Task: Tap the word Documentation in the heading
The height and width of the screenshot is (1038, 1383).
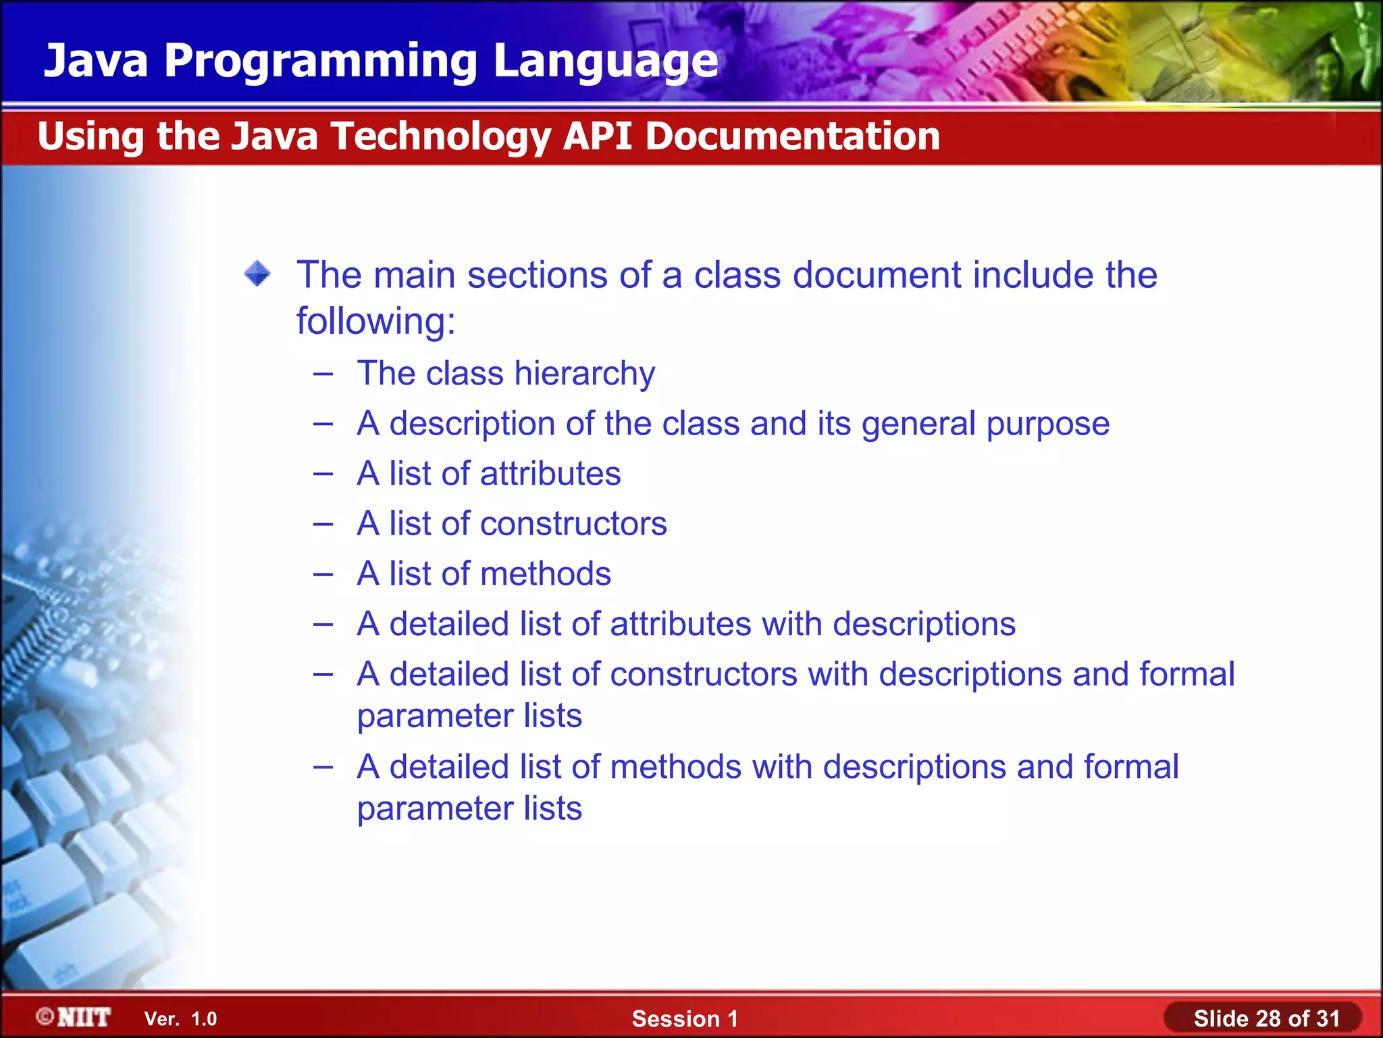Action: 792,137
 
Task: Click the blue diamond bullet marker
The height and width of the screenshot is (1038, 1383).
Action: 257,274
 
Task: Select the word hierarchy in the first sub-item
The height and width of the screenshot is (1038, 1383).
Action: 585,374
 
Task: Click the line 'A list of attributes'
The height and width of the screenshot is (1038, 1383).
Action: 488,474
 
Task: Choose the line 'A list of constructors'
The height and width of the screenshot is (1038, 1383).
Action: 511,524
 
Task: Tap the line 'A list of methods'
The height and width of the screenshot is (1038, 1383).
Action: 484,574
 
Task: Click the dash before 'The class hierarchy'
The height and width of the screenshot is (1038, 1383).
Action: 323,374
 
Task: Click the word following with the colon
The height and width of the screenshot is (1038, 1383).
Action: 375,320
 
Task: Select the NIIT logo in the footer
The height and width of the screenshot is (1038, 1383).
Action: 74,1017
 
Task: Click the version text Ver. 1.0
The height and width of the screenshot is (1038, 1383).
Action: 180,1019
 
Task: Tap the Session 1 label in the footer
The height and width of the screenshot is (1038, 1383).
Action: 685,1018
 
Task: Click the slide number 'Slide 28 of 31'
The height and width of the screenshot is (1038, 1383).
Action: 1266,1018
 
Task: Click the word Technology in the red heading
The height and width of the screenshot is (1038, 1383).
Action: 440,137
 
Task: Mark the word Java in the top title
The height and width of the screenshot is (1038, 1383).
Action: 96,61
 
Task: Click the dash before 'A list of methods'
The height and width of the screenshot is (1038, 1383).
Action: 323,574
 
